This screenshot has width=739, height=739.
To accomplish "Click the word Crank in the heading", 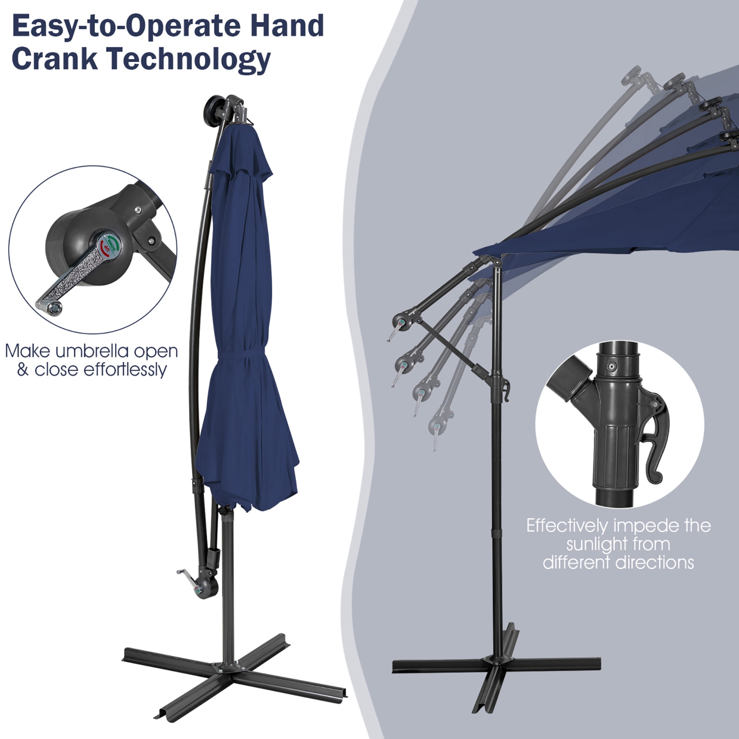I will pyautogui.click(x=54, y=58).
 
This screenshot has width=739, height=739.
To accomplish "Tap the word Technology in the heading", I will pyautogui.click(x=189, y=59).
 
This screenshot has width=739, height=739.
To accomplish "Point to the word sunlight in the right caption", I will pyautogui.click(x=618, y=544).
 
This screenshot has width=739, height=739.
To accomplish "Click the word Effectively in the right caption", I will pyautogui.click(x=567, y=526).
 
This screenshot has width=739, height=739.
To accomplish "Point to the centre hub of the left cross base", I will pyautogui.click(x=228, y=666).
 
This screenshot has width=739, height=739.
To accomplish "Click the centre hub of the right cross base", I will pyautogui.click(x=497, y=660).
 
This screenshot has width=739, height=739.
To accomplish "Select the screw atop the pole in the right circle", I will pyautogui.click(x=611, y=366).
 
